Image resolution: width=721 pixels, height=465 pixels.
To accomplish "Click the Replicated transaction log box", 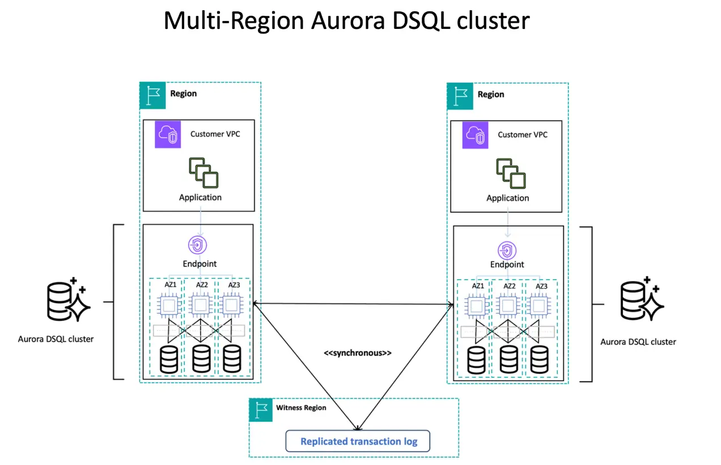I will pyautogui.click(x=358, y=441).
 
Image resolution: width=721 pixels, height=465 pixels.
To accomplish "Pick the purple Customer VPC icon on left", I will pyautogui.click(x=167, y=135).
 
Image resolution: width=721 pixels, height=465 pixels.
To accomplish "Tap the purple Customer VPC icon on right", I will pyautogui.click(x=475, y=135).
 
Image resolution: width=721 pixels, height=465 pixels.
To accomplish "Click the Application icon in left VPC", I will pyautogui.click(x=203, y=173).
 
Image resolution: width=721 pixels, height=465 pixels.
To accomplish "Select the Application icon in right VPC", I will pyautogui.click(x=511, y=173).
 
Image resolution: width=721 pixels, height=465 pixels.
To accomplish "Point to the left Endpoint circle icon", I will pyautogui.click(x=198, y=245).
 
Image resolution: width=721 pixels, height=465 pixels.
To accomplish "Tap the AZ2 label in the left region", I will pyautogui.click(x=202, y=285).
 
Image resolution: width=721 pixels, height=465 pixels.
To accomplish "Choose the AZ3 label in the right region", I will pyautogui.click(x=541, y=286).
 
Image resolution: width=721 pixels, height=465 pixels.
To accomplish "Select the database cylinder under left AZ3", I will pyautogui.click(x=231, y=358).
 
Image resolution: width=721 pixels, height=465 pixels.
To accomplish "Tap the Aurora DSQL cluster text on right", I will pyautogui.click(x=638, y=342).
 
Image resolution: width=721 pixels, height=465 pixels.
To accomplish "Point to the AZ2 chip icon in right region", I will pyautogui.click(x=508, y=307).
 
